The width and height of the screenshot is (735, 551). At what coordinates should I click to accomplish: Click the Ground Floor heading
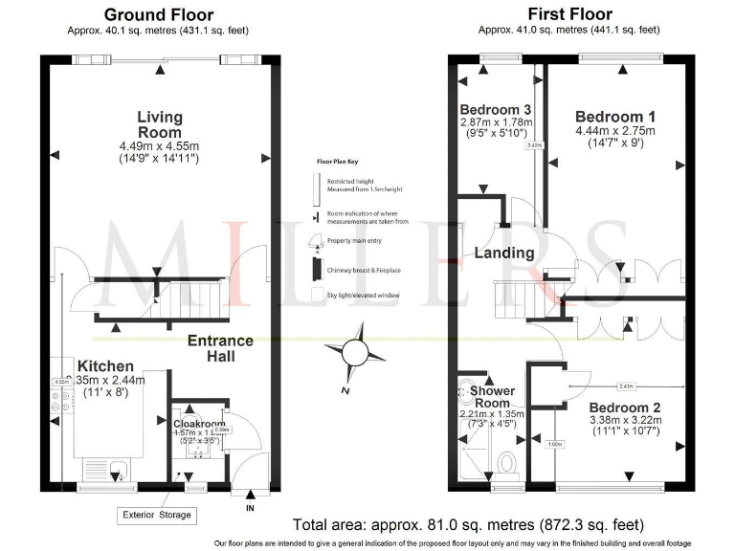(x=159, y=14)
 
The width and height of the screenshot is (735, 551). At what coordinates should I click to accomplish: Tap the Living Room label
(x=159, y=124)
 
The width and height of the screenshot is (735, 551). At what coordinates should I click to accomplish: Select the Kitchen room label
(x=105, y=366)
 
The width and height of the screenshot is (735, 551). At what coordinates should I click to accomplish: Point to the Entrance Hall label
(x=220, y=348)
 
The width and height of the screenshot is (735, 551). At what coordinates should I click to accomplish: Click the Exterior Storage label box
(x=157, y=515)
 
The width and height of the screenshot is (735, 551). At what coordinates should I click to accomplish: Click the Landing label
(x=503, y=253)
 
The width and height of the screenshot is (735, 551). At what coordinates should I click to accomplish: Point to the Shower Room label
(x=493, y=397)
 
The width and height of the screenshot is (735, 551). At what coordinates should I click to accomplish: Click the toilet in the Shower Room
(x=508, y=463)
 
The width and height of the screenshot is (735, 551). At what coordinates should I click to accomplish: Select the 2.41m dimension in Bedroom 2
(x=626, y=386)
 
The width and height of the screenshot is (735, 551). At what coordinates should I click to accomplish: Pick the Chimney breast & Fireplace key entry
(x=362, y=271)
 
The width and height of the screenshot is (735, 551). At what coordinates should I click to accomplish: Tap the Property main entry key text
(x=355, y=241)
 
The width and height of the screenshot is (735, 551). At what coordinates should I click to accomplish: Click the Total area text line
(x=468, y=525)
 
